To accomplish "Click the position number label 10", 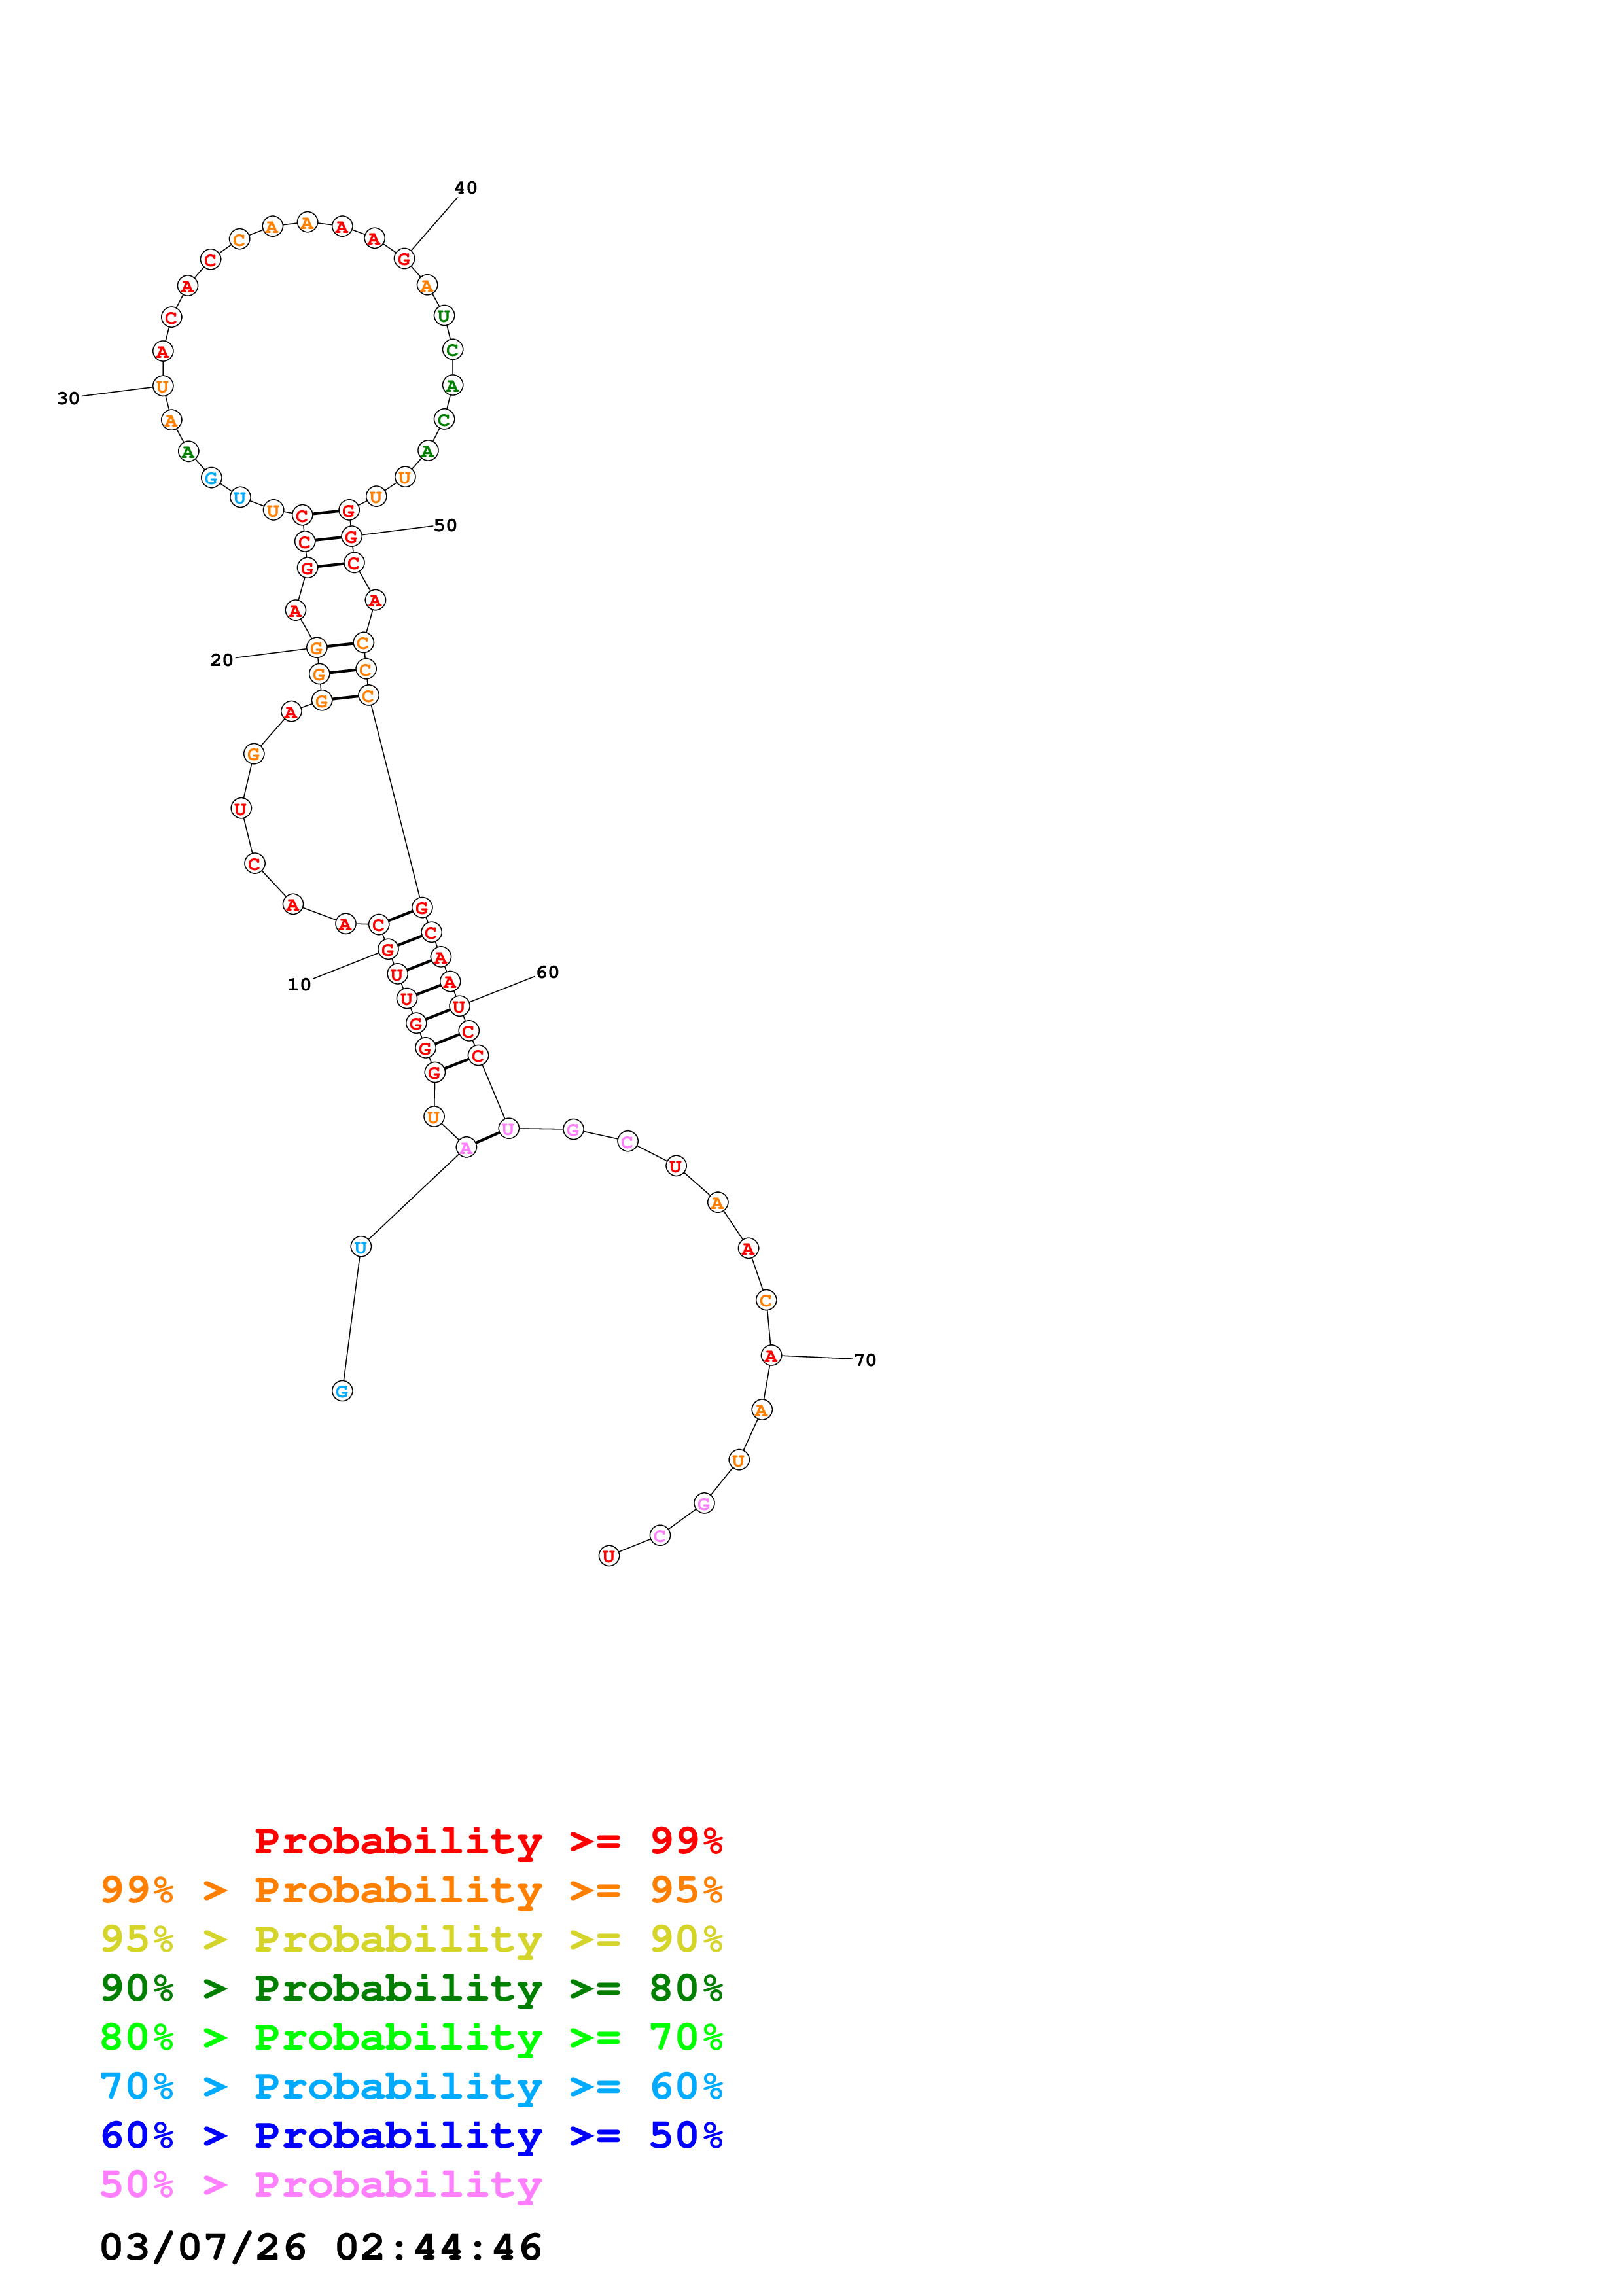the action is [x=299, y=985].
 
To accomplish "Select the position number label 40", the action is [x=466, y=188].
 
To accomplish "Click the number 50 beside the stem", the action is [x=445, y=526].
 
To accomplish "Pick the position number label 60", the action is [x=548, y=973].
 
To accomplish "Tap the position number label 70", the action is [x=864, y=1360].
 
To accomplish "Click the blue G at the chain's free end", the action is [x=342, y=1392].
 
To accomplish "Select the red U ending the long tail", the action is [x=608, y=1556].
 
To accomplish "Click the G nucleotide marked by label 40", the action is [x=404, y=259].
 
